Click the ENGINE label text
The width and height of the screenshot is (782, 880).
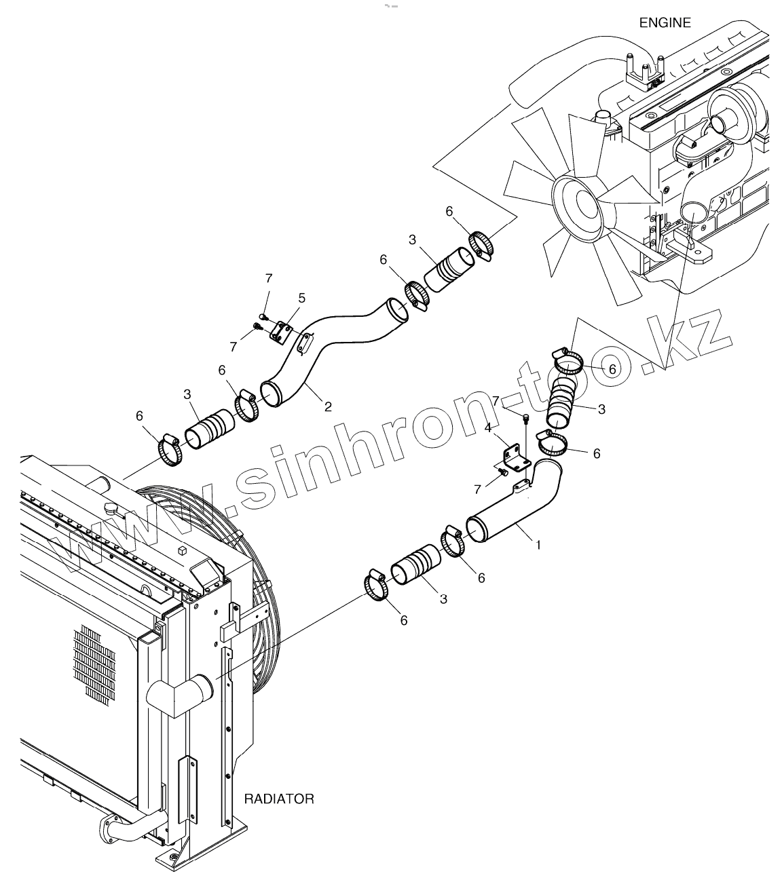[665, 23]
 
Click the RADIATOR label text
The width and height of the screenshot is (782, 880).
[279, 799]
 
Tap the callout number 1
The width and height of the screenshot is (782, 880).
[538, 544]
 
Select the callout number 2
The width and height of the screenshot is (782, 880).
[328, 406]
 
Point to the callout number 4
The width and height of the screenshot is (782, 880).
[487, 427]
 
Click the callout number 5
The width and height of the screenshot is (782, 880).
[301, 297]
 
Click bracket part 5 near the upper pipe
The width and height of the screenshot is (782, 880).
[280, 332]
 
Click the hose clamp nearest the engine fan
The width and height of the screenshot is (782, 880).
[482, 244]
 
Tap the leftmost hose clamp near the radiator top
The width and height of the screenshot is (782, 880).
[170, 449]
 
